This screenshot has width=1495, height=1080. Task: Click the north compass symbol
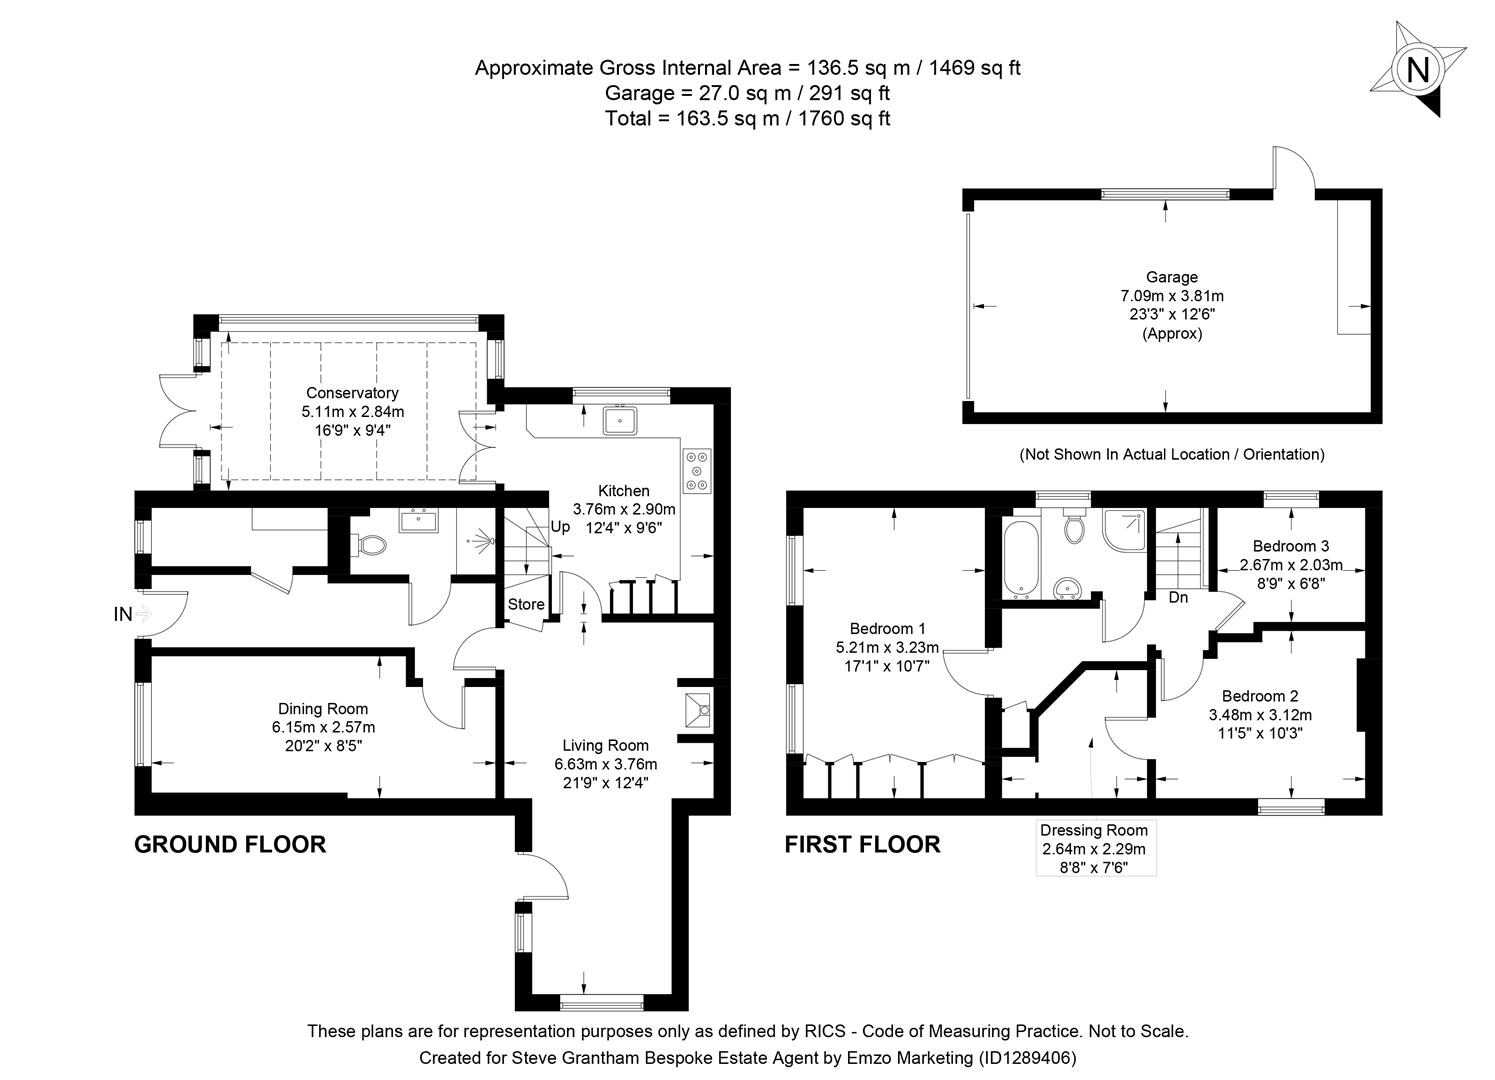pos(1417,70)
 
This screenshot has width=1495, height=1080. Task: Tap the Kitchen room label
pos(623,491)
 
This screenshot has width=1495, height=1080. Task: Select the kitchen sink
pos(620,420)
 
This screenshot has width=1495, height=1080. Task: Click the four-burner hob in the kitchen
pos(696,470)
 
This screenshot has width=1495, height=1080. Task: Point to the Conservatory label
pos(352,393)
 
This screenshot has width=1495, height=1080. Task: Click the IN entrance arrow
pos(142,614)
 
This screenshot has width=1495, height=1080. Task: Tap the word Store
pos(526,604)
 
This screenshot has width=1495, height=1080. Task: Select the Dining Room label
pos(323,709)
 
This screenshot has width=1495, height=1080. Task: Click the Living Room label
pos(605,745)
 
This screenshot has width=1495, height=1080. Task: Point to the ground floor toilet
pos(371,545)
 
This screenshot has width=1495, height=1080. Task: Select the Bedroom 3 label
pos(1291,546)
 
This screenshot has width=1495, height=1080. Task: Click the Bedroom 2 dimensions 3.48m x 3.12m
pos(1260,715)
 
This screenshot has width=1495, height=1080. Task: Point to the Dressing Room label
pos(1094,830)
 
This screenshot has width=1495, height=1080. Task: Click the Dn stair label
pos(1178,598)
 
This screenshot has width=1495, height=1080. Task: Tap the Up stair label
pos(560,526)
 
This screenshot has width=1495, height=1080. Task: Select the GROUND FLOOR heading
pos(230,845)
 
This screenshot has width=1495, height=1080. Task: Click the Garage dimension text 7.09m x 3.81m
pos(1172,296)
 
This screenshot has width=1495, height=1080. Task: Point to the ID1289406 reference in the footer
pos(1026,1057)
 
